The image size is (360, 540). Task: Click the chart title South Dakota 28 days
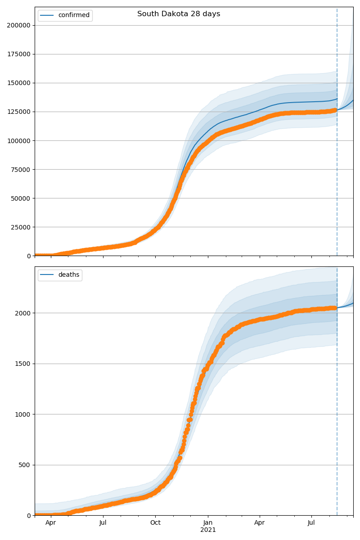[179, 14]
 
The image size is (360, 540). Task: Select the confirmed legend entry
[74, 15]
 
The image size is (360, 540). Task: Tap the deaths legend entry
[68, 275]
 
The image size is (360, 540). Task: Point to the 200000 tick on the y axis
[18, 25]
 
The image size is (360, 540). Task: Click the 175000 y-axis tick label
[18, 54]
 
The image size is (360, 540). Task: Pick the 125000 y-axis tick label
[18, 112]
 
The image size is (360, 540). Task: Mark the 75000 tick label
[20, 170]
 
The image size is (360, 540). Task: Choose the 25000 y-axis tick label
[20, 227]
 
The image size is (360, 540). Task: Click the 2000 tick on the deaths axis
[22, 313]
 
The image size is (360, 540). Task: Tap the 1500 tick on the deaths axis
[22, 364]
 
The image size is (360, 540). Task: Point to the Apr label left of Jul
[51, 523]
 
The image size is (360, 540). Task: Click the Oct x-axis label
[155, 523]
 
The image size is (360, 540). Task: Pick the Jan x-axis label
[208, 523]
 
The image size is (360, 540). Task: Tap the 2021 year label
[208, 530]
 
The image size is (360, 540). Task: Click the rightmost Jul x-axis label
[311, 523]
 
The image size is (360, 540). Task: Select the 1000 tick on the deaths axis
[22, 414]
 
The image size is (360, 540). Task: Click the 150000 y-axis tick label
[18, 83]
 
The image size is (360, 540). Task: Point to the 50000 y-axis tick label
[20, 198]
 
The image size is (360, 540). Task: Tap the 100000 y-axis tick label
[18, 141]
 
